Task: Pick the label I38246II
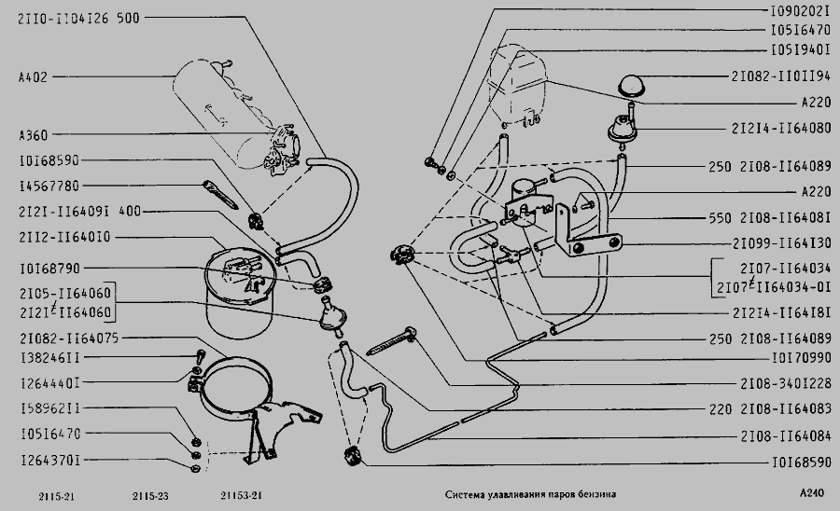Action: click(48, 357)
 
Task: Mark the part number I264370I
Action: click(48, 460)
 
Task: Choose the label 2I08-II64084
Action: click(787, 435)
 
